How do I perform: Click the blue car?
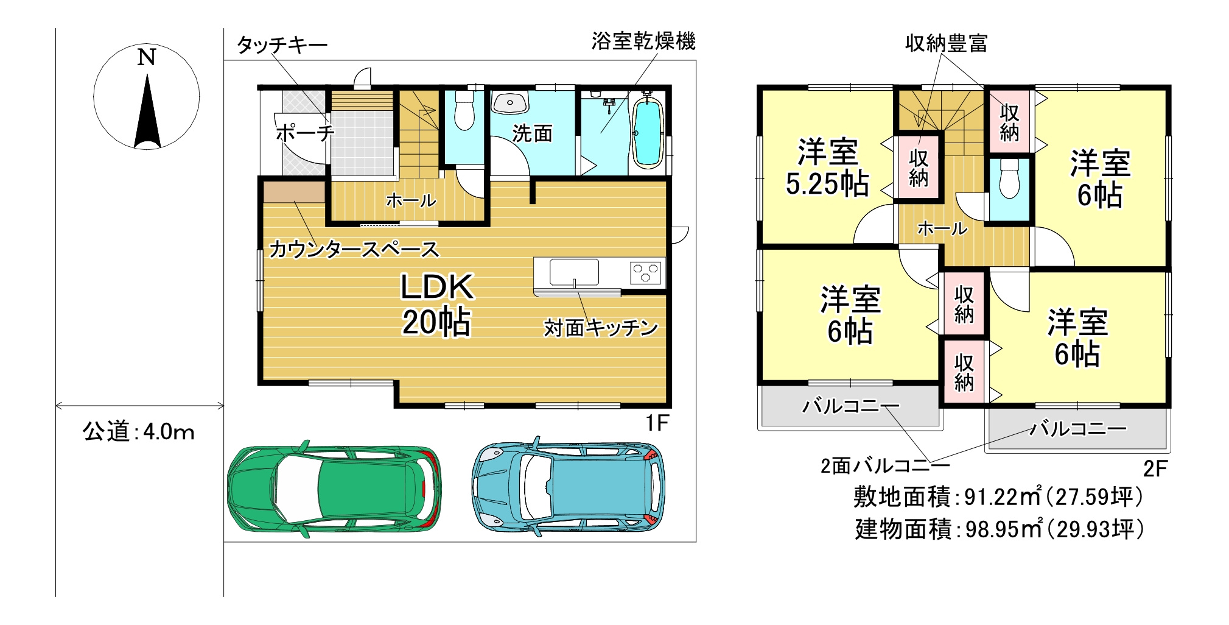[569, 486]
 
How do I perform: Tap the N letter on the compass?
[146, 57]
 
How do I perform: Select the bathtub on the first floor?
[647, 131]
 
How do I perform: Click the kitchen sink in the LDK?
[574, 272]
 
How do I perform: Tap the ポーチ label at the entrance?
[305, 133]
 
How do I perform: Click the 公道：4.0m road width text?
[139, 431]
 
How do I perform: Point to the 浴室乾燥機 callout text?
[643, 41]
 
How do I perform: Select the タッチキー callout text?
[282, 44]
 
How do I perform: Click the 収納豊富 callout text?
[946, 43]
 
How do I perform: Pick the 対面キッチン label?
[601, 328]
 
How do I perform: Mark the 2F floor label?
[1155, 468]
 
